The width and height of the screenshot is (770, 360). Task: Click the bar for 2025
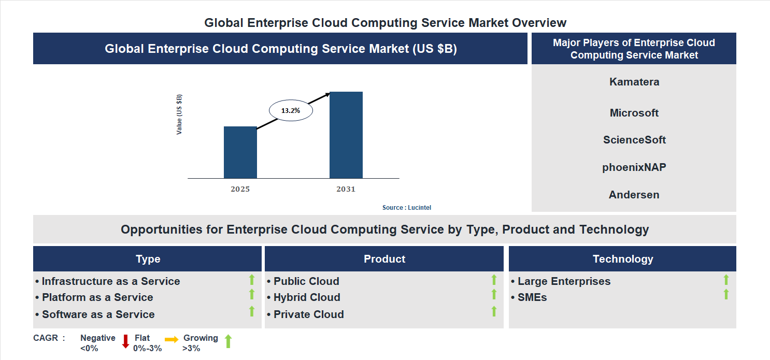pyautogui.click(x=240, y=152)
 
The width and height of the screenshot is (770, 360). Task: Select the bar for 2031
pyautogui.click(x=346, y=135)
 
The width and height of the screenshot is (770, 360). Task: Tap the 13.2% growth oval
pyautogui.click(x=291, y=110)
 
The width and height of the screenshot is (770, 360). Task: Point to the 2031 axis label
pyautogui.click(x=346, y=189)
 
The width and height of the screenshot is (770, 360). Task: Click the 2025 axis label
pyautogui.click(x=240, y=189)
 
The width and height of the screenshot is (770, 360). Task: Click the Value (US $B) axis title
pyautogui.click(x=179, y=114)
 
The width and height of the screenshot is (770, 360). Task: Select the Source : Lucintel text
pyautogui.click(x=406, y=208)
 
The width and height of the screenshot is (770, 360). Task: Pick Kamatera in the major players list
pyautogui.click(x=634, y=82)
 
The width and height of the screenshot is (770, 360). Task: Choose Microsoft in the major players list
pyautogui.click(x=634, y=113)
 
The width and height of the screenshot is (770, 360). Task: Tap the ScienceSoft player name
pyautogui.click(x=634, y=140)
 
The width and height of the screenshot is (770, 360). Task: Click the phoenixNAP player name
pyautogui.click(x=634, y=167)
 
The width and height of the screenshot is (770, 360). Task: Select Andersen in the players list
pyautogui.click(x=634, y=195)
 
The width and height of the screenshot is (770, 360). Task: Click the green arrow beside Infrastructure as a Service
pyautogui.click(x=252, y=280)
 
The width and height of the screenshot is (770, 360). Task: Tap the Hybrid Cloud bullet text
pyautogui.click(x=306, y=297)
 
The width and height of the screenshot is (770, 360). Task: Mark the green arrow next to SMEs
pyautogui.click(x=726, y=294)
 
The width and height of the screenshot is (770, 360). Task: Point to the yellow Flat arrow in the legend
pyautogui.click(x=172, y=339)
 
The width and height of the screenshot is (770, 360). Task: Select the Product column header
pyautogui.click(x=384, y=259)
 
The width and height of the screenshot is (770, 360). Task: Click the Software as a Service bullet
pyautogui.click(x=98, y=314)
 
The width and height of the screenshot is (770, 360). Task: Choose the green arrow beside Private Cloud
pyautogui.click(x=494, y=311)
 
